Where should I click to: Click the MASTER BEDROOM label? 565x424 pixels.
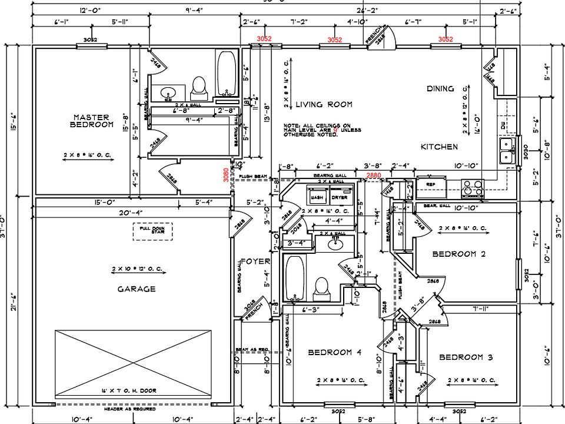point(92,121)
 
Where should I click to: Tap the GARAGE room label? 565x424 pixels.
point(136,289)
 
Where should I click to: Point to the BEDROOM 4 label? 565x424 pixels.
point(335,352)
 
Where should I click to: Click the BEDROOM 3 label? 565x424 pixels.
point(466,357)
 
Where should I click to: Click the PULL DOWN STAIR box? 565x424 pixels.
point(152,230)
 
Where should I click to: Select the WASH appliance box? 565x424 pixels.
point(317,197)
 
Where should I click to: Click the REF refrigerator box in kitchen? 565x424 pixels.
point(430,184)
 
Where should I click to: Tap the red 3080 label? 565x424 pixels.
point(226,175)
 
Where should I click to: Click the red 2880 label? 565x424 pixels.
point(373,175)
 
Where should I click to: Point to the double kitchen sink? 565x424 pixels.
point(506,151)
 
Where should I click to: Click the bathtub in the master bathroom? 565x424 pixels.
point(225,74)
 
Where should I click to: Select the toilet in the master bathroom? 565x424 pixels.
point(198,87)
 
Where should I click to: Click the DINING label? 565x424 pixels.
point(440,89)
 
